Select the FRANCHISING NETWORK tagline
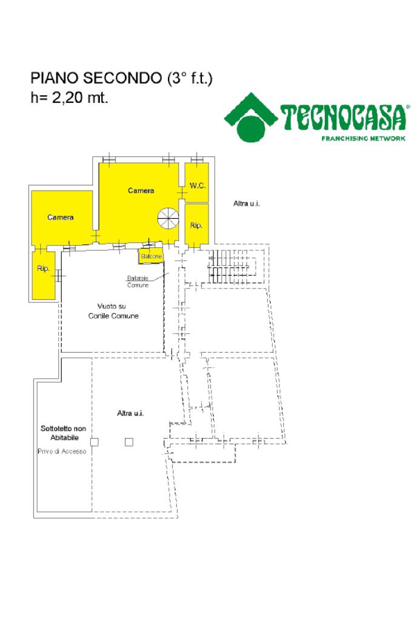(x=363, y=138)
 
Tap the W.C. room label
(x=198, y=186)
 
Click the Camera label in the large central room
(x=141, y=190)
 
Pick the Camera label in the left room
(x=61, y=217)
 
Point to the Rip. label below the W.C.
(x=196, y=225)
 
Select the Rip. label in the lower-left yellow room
(x=43, y=269)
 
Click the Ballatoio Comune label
(x=138, y=281)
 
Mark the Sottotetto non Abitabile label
(x=63, y=432)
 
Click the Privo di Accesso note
(x=62, y=452)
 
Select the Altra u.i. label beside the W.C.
(x=246, y=204)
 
